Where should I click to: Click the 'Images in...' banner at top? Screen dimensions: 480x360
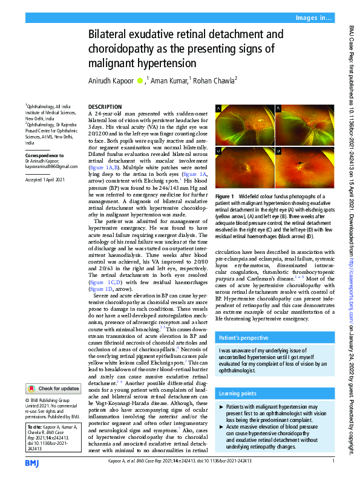(x=313, y=18)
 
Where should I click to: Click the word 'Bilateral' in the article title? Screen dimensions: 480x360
(x=112, y=34)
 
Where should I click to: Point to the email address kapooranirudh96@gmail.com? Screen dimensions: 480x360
(x=51, y=166)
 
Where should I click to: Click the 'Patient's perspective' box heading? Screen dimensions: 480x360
(x=244, y=339)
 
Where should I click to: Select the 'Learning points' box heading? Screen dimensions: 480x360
(x=240, y=394)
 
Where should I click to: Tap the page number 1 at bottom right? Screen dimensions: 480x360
(x=333, y=461)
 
